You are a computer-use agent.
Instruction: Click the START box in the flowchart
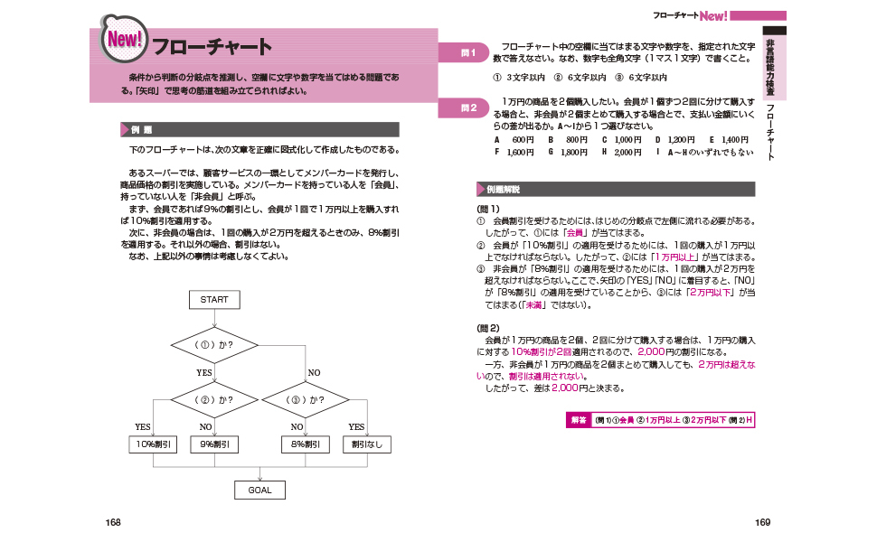coord(214,299)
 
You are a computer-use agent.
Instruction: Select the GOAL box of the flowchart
coord(259,490)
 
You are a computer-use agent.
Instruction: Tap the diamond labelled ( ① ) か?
coord(214,345)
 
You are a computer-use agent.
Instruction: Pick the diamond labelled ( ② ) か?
coord(214,398)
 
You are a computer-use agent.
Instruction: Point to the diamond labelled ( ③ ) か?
coord(305,398)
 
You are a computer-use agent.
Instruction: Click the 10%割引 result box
coord(154,444)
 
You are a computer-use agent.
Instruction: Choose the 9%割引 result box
coord(214,444)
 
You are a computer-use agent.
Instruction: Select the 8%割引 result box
coord(305,444)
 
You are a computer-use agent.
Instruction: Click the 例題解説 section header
coord(615,190)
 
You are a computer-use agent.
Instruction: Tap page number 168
coord(114,522)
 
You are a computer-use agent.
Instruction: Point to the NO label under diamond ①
coord(314,372)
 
